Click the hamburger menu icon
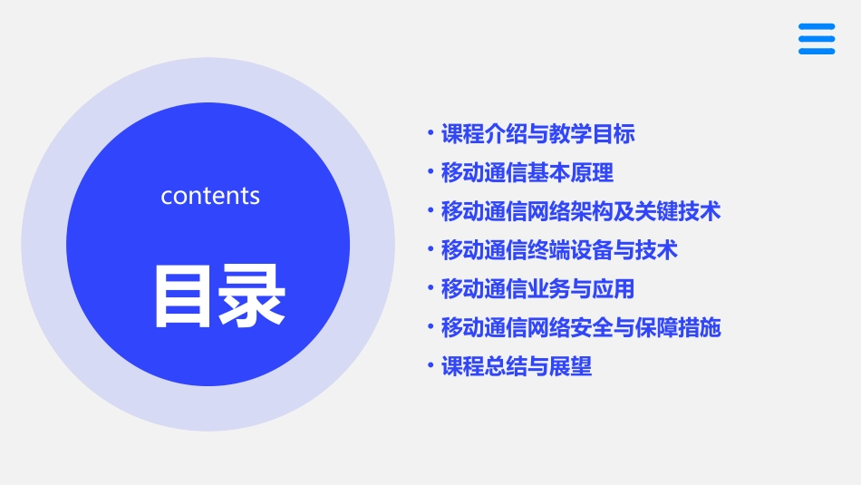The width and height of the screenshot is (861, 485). click(x=817, y=39)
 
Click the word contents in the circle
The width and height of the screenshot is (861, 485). click(x=210, y=196)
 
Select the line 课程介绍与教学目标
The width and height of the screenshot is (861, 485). click(x=537, y=134)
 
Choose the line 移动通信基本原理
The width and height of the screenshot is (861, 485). click(x=527, y=172)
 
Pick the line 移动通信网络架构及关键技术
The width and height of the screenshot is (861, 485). click(x=580, y=211)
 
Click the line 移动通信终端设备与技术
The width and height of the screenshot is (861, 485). click(x=559, y=250)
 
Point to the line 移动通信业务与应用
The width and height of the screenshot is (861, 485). click(x=537, y=289)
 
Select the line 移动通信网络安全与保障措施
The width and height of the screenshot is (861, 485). click(x=580, y=327)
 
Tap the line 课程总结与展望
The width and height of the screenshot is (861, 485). click(x=516, y=366)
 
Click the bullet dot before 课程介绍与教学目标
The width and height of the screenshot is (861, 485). click(x=430, y=134)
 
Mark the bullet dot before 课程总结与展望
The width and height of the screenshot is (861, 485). click(x=430, y=366)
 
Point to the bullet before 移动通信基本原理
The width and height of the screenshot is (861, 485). click(x=430, y=172)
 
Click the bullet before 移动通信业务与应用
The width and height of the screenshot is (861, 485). click(x=430, y=289)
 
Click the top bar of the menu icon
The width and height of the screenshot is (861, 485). click(x=817, y=27)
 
